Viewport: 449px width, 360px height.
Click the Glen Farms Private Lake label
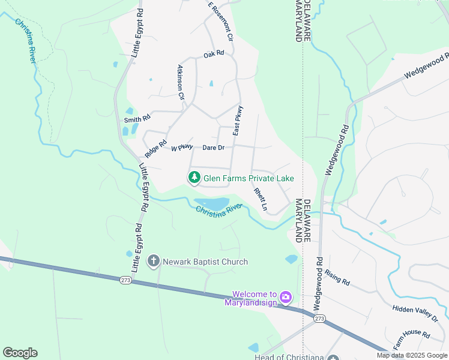coord(249,178)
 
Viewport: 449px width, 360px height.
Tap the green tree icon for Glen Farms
coord(194,178)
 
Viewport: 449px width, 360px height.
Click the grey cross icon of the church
coord(153,261)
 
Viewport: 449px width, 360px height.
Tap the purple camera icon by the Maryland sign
coord(286,296)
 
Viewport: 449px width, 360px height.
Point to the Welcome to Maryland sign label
coord(254,298)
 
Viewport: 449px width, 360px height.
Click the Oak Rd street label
coord(214,53)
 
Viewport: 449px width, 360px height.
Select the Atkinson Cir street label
coord(181,82)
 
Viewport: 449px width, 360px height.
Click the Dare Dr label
coord(213,148)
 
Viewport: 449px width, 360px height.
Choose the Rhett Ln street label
coord(260,199)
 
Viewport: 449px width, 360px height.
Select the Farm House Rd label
coord(412,340)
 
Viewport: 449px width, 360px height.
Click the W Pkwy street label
coord(182,147)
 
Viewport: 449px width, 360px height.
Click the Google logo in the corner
coord(20,353)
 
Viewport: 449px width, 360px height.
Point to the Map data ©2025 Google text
coord(412,355)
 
